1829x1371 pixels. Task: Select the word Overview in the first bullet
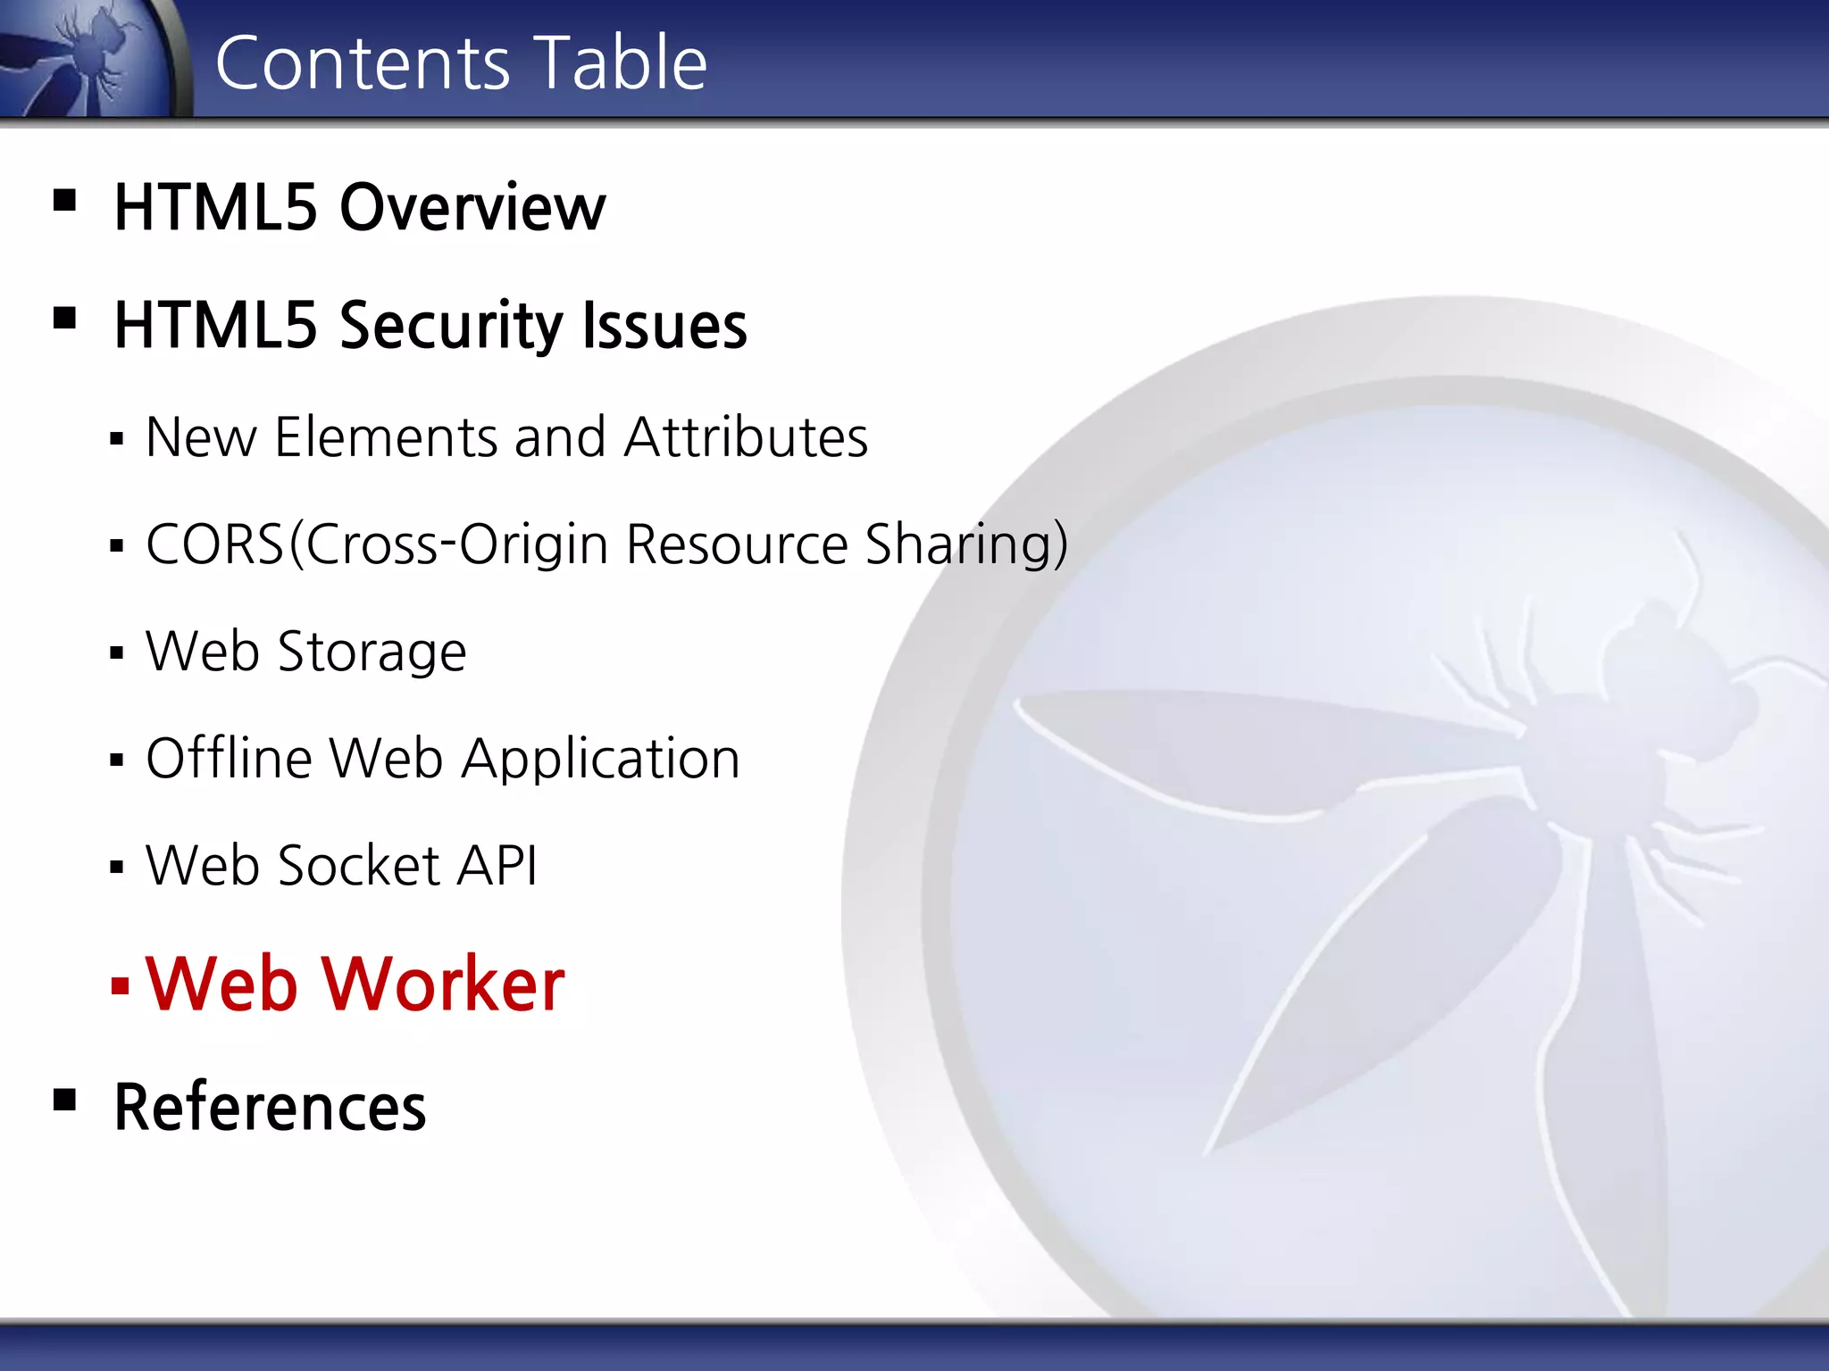pos(472,208)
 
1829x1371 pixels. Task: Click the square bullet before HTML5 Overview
pos(64,199)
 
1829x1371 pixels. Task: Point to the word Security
pos(450,326)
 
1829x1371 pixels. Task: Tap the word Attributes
pos(746,437)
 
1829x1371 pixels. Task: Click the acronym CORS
pos(214,544)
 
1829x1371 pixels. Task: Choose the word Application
pos(600,760)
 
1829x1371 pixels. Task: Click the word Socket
pos(359,866)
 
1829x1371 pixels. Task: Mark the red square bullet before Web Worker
pos(120,985)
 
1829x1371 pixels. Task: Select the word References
pos(270,1108)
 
